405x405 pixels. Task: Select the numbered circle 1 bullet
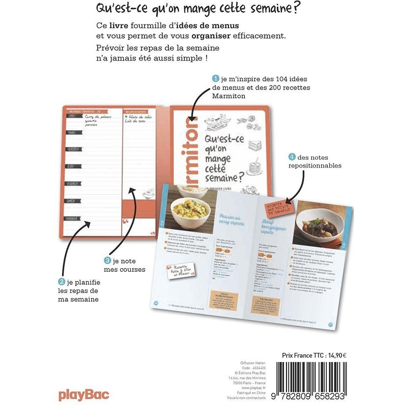(x=215, y=78)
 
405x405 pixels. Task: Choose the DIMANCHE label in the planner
(x=73, y=218)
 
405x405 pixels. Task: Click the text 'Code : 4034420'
(x=254, y=368)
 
